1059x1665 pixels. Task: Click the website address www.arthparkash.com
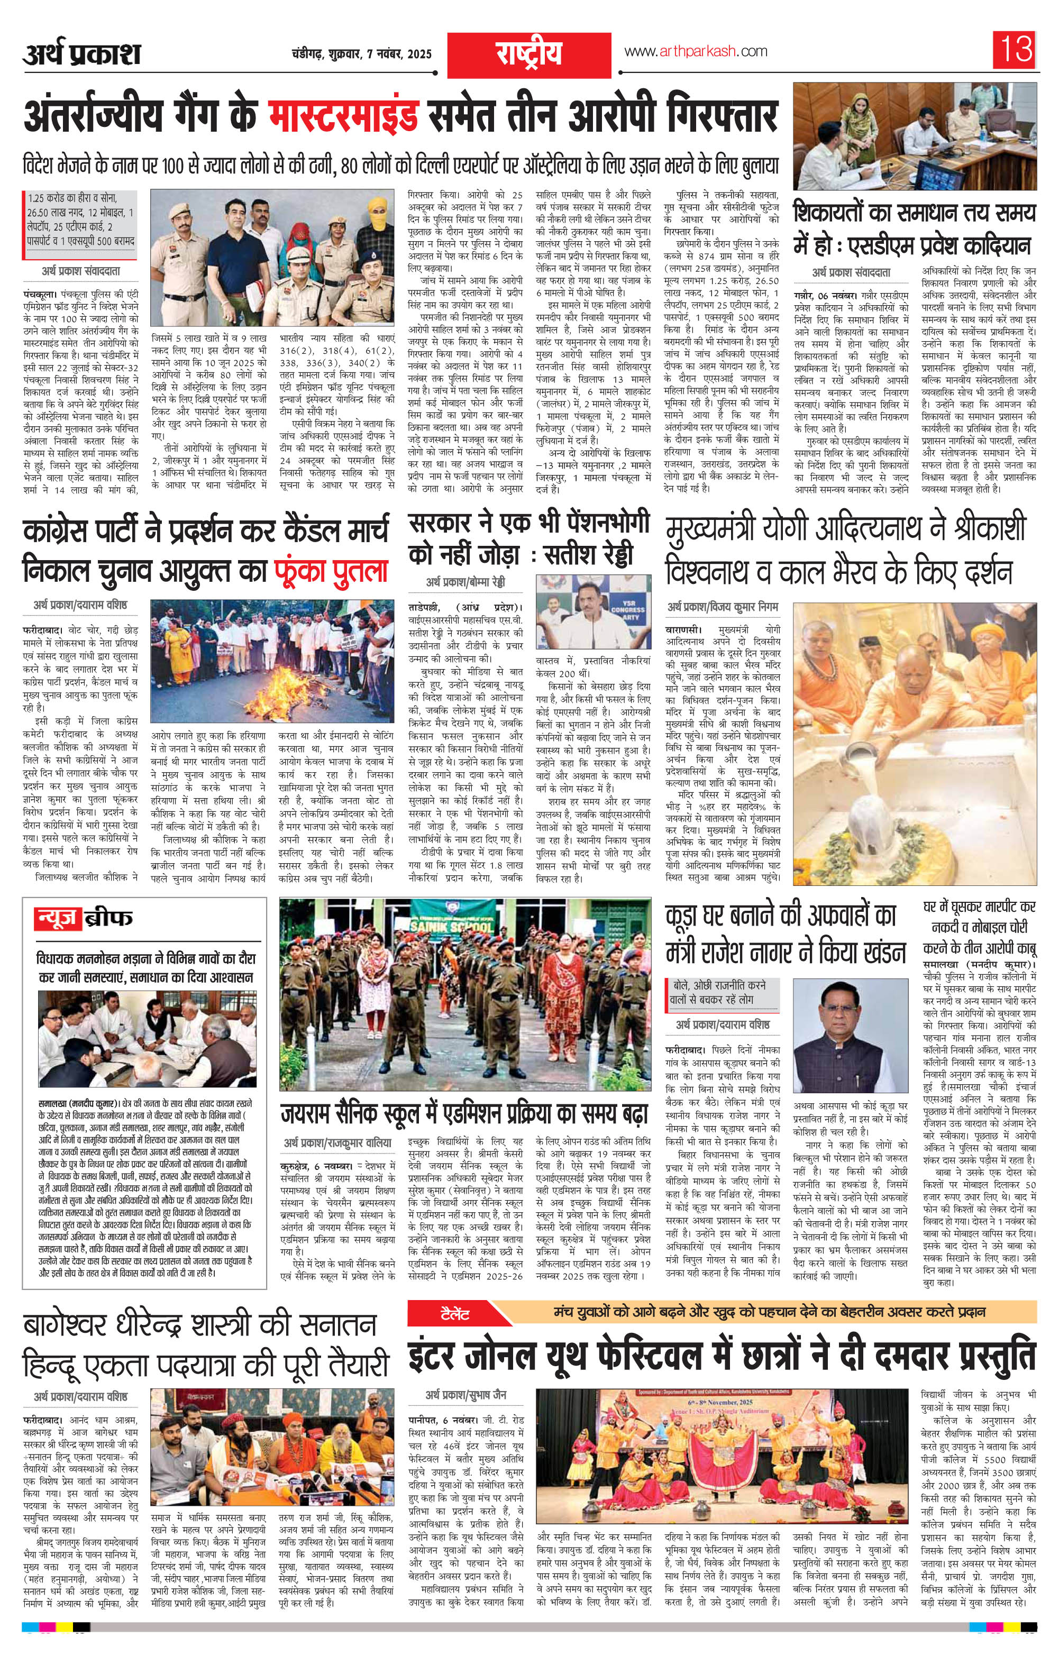(x=695, y=51)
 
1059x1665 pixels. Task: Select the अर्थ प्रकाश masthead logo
(x=81, y=53)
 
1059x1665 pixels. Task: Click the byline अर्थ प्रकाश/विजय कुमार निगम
(x=723, y=607)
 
